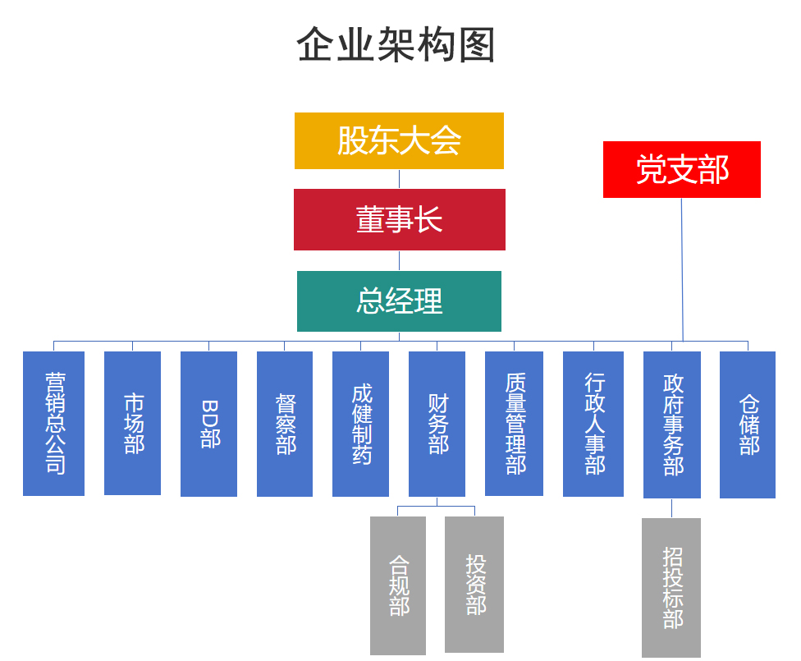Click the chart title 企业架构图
coord(396,45)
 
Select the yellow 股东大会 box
coord(399,140)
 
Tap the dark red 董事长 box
coord(399,219)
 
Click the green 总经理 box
coord(399,301)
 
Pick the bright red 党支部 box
coord(681,169)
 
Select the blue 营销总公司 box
coord(53,424)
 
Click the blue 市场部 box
coord(132,424)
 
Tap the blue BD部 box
coord(208,424)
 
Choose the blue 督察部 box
coord(285,424)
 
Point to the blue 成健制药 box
coord(360,424)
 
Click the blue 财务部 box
coord(437,424)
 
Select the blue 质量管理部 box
coord(514,424)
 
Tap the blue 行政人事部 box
coord(593,424)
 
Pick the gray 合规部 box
coord(398,585)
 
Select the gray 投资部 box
coord(474,584)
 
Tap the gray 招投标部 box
coord(671,587)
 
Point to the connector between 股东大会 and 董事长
coord(399,179)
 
